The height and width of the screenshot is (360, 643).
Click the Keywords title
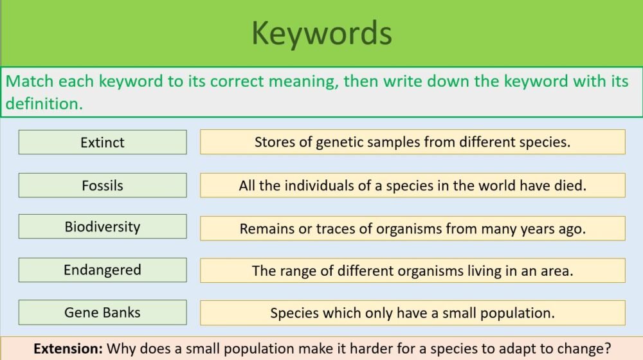point(321,33)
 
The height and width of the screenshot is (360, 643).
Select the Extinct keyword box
point(102,142)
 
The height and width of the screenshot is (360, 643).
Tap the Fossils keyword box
point(102,185)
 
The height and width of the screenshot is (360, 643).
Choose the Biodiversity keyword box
point(102,226)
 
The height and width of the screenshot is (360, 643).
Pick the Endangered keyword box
point(102,270)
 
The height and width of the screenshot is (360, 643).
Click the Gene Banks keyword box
point(102,313)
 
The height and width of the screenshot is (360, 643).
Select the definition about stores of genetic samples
point(412,142)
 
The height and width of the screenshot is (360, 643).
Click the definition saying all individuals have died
point(412,186)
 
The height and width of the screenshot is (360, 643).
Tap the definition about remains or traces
point(412,228)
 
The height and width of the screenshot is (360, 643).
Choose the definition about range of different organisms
point(412,271)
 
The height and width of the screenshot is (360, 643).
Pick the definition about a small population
point(412,314)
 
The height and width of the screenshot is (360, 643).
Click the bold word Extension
point(68,349)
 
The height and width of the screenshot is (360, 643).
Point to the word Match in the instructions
point(30,82)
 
